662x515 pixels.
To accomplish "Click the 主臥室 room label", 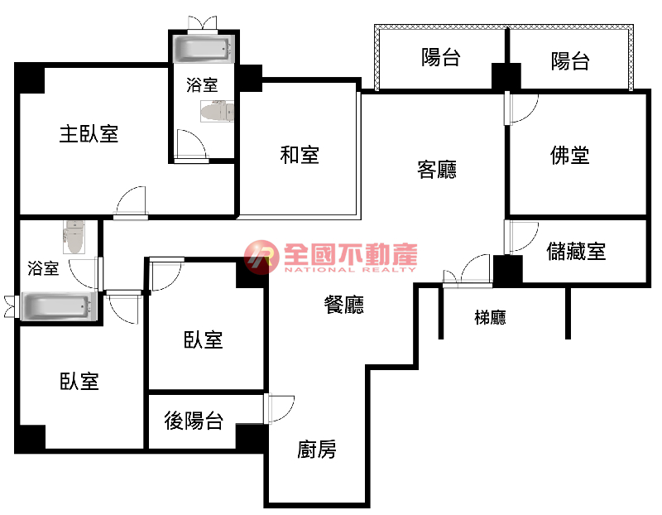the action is tap(89, 134).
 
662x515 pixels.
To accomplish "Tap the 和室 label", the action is tap(300, 155).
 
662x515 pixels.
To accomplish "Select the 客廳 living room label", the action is tap(437, 170).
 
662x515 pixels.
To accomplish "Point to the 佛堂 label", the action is tap(569, 155).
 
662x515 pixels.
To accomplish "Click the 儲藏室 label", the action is tap(576, 251).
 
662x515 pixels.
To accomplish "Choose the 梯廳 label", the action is tap(490, 317).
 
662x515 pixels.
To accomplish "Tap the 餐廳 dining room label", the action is tap(343, 305).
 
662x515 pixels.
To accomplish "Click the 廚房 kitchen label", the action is tap(317, 449).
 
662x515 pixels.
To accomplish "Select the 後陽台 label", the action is tap(194, 421).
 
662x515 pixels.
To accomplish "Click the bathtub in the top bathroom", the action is tap(203, 49).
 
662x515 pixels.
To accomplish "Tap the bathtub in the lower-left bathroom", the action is tap(58, 306).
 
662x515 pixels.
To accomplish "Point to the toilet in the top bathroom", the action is tap(217, 112).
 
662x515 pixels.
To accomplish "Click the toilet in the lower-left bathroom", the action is tap(74, 237).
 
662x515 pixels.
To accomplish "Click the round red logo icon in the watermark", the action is tap(261, 257).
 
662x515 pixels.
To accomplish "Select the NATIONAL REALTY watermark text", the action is tap(350, 270).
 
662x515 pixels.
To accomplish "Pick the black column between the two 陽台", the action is tap(506, 76).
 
